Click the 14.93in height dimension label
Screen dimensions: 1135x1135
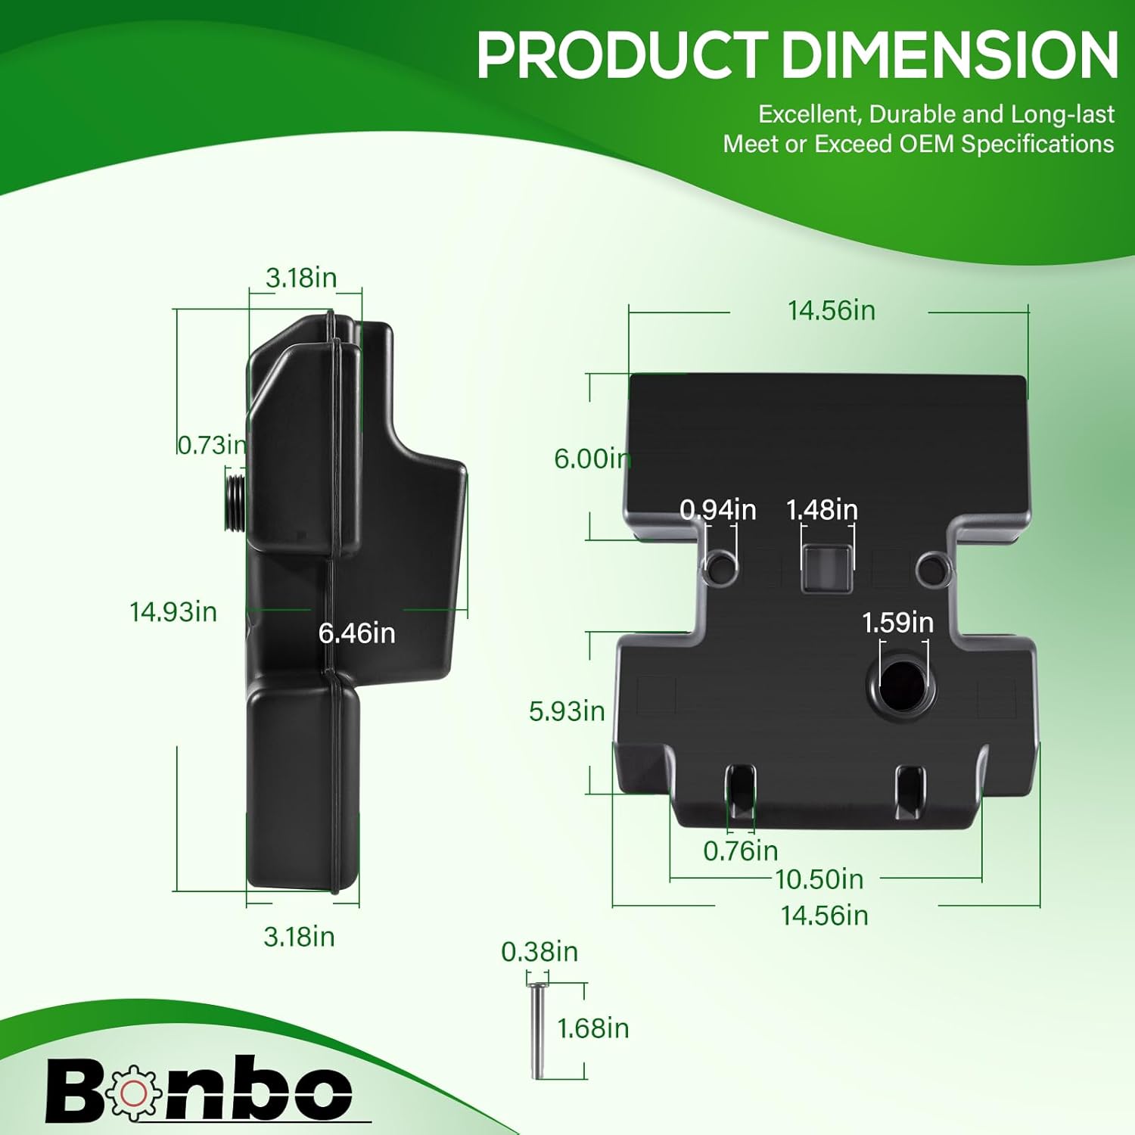(x=173, y=611)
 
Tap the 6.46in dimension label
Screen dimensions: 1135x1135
(x=357, y=633)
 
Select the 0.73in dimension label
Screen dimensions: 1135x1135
(x=212, y=444)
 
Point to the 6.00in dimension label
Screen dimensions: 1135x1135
(x=592, y=458)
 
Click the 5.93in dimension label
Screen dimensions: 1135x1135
(x=567, y=711)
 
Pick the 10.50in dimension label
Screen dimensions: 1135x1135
(x=819, y=878)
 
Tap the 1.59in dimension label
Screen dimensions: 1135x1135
(x=898, y=622)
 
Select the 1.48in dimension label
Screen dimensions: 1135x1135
(x=822, y=509)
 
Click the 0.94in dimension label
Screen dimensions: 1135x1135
(x=718, y=509)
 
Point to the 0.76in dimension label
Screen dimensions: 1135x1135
(x=741, y=850)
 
